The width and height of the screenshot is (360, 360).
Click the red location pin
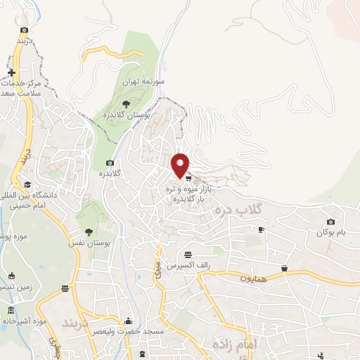click(x=181, y=164)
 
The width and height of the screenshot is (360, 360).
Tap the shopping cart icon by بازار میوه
click(x=188, y=179)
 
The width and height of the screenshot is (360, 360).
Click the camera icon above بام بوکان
click(x=331, y=222)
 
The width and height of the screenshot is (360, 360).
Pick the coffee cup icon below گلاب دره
click(x=261, y=229)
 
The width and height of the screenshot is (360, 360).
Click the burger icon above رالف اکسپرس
click(x=188, y=255)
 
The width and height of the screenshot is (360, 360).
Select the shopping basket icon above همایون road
click(x=284, y=268)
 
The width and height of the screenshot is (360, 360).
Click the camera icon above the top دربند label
click(x=25, y=30)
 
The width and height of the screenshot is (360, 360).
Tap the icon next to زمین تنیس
click(x=11, y=276)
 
